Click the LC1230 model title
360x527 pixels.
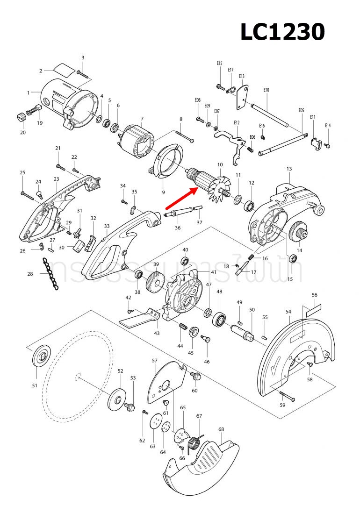point(282,33)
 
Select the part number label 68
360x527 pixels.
point(221,429)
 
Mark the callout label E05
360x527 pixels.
point(301,111)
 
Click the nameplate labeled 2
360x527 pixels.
point(63,69)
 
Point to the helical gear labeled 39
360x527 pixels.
point(155,283)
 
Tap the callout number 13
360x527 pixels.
point(289,169)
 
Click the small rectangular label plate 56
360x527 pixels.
point(314,309)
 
